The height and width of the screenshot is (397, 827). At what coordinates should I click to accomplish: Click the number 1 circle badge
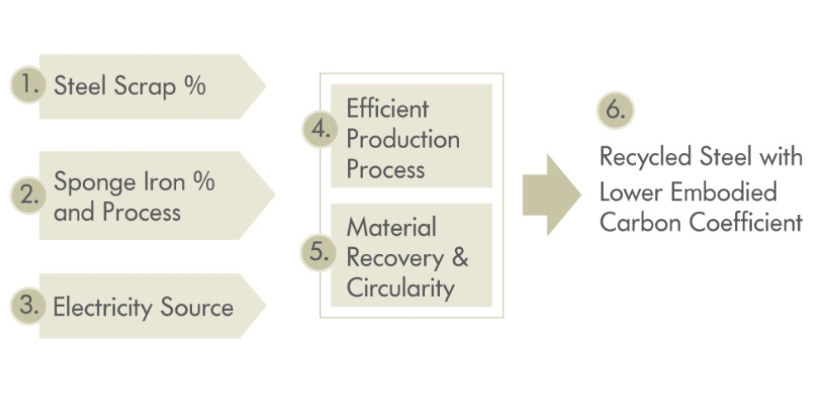tap(27, 85)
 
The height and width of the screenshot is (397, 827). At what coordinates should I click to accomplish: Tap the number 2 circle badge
tap(27, 196)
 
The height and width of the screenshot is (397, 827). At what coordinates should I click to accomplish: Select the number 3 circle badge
tap(27, 305)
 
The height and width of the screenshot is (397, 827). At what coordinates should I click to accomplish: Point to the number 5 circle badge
tap(318, 252)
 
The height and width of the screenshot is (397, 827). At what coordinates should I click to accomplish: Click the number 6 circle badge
tap(614, 111)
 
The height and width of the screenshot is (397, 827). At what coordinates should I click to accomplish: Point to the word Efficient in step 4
tap(388, 108)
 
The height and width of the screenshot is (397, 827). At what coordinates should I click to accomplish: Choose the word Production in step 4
tap(403, 139)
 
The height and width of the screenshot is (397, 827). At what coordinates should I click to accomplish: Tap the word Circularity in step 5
tap(400, 288)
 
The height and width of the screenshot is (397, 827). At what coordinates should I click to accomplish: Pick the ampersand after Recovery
tap(460, 257)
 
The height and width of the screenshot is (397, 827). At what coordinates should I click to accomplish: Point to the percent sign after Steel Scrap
tap(195, 85)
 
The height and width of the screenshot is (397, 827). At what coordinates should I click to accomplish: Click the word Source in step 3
tap(198, 308)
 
